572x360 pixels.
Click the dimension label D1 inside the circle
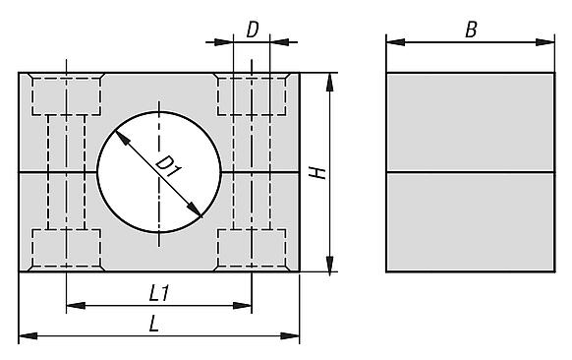(168, 166)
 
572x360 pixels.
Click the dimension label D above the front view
(253, 30)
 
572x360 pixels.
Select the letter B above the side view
(471, 30)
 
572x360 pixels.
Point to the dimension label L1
(159, 293)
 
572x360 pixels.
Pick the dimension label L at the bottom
(154, 324)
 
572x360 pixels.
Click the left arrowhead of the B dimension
(395, 42)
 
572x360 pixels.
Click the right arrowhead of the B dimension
(545, 42)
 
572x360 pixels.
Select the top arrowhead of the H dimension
(330, 83)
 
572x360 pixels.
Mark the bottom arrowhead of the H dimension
(330, 263)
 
